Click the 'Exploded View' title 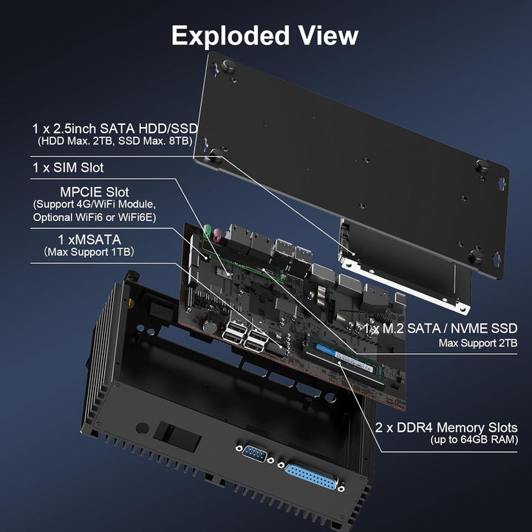[x=265, y=35]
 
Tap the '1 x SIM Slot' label [x=68, y=168]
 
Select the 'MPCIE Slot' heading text [x=95, y=192]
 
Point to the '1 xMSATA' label [x=89, y=239]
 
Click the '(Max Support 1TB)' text [x=89, y=252]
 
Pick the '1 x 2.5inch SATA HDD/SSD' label [x=115, y=129]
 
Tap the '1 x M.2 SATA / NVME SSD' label [x=440, y=328]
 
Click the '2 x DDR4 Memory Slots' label [x=446, y=428]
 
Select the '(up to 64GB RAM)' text [x=474, y=440]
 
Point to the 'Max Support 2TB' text [x=478, y=343]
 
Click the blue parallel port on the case [x=312, y=477]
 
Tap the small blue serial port [x=255, y=453]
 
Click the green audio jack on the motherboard [x=207, y=231]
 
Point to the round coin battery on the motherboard [x=210, y=327]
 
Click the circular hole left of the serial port [x=142, y=428]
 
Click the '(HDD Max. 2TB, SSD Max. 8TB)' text [x=115, y=141]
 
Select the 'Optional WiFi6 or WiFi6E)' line [x=95, y=217]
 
